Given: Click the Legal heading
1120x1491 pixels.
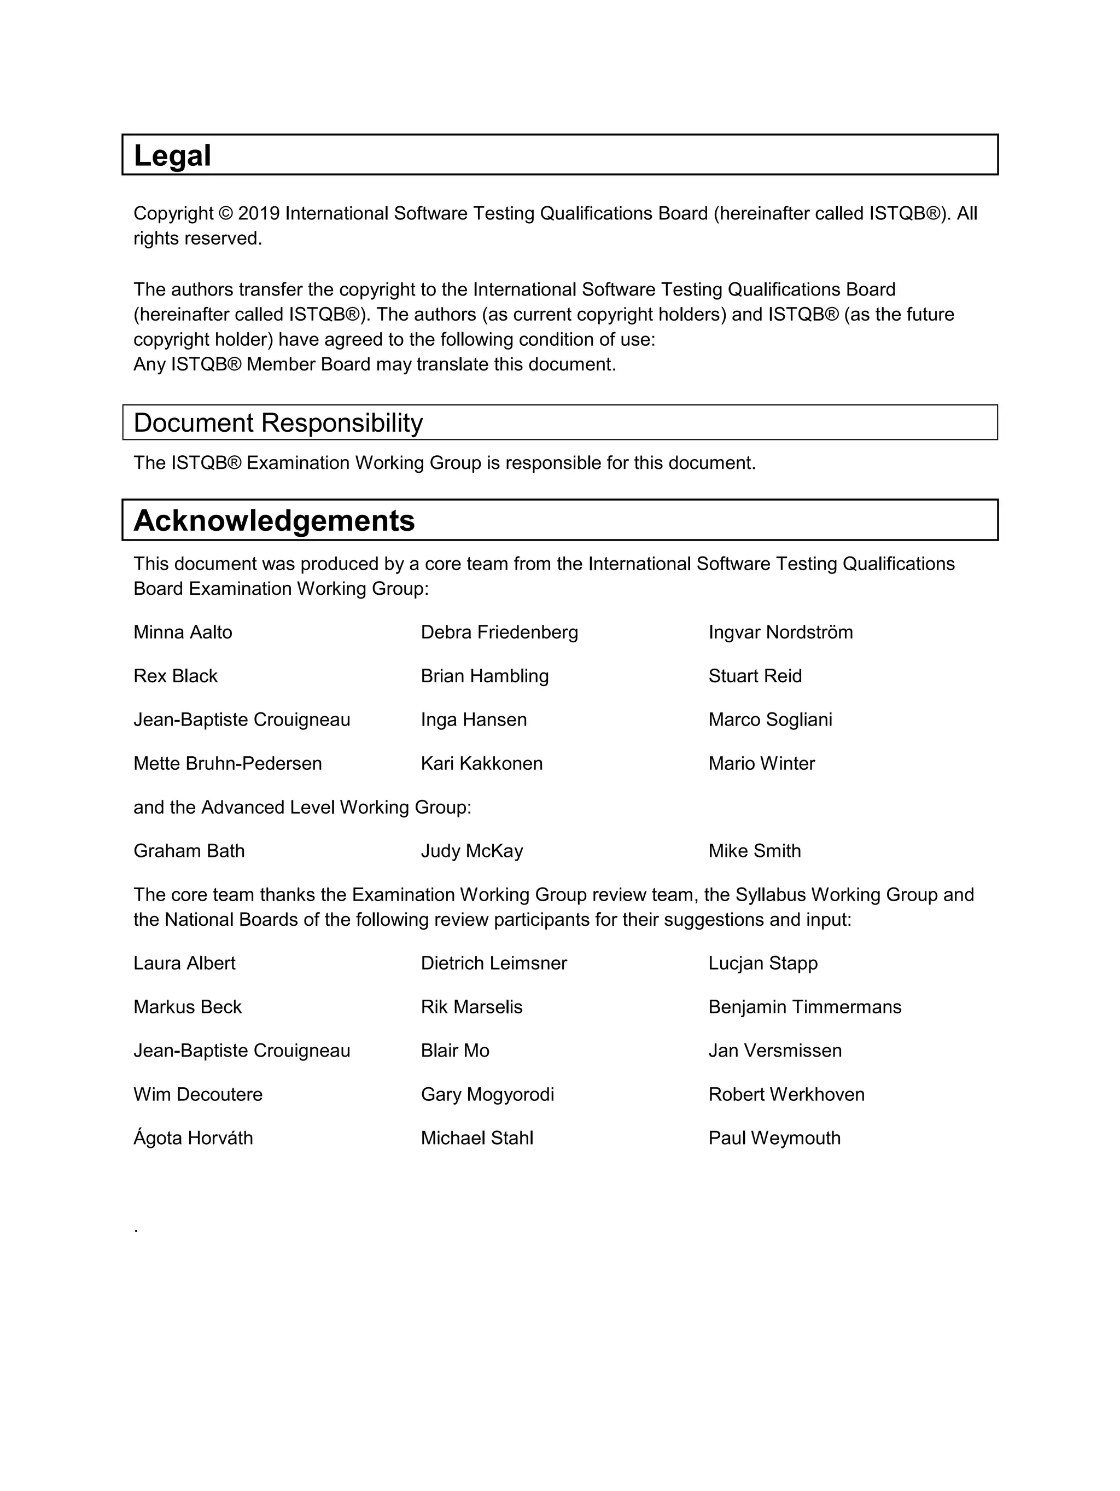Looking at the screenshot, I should click(x=172, y=156).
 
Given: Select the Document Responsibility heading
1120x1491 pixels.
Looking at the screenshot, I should click(x=278, y=422).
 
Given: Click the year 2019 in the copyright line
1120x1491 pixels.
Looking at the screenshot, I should click(x=259, y=214).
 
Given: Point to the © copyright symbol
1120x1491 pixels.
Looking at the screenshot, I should click(x=226, y=214).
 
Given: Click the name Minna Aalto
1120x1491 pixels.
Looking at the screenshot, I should click(x=183, y=633).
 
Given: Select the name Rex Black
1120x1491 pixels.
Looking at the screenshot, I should click(x=175, y=676).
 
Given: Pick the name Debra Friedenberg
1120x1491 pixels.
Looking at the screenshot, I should click(x=499, y=633).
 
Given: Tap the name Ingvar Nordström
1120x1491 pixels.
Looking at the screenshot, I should click(x=780, y=633).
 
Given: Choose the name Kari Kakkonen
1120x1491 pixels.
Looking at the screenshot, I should click(x=482, y=764).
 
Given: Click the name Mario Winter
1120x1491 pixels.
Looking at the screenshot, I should click(x=761, y=764).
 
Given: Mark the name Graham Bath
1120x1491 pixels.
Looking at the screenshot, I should click(x=189, y=851).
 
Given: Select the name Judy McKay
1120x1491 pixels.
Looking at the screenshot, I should click(x=472, y=851).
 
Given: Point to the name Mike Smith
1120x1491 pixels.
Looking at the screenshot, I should click(x=755, y=851).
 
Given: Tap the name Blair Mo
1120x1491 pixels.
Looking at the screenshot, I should click(x=455, y=1051).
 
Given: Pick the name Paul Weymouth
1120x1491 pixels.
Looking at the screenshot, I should click(x=774, y=1139).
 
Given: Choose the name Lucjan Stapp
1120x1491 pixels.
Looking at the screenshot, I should click(x=763, y=963).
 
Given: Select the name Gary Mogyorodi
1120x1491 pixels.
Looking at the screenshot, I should click(x=487, y=1095).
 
